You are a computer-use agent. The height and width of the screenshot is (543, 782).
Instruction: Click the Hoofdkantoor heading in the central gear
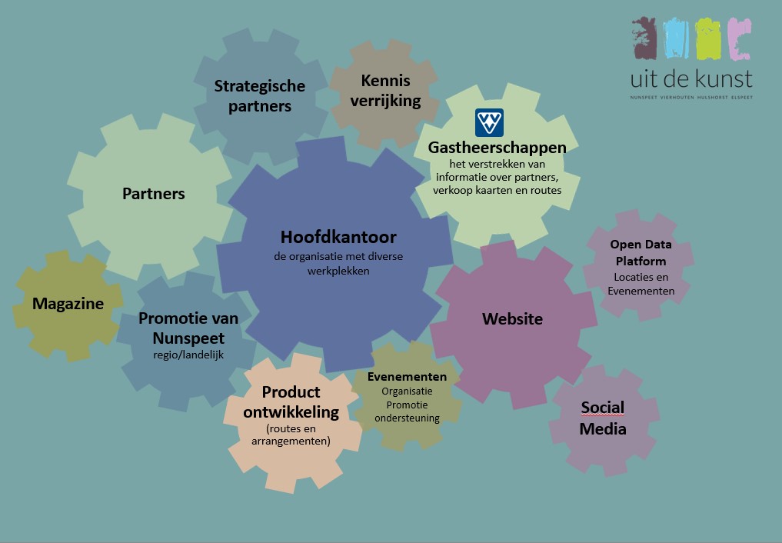click(338, 237)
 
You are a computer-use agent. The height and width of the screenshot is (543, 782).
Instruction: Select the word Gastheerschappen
click(497, 147)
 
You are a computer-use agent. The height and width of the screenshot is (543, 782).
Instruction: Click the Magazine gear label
click(68, 304)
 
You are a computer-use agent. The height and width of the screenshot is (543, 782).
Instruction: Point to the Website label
click(512, 318)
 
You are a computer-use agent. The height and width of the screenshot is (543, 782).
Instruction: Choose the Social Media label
click(603, 418)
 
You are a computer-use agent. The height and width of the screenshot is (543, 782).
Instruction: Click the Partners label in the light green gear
click(154, 193)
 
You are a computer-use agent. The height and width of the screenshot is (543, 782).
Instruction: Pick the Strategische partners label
click(260, 96)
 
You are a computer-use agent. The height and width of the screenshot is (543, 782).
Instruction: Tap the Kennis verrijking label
click(385, 90)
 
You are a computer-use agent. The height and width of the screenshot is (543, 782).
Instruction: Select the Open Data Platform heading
click(641, 253)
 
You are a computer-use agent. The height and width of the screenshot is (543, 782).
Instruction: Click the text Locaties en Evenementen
click(641, 284)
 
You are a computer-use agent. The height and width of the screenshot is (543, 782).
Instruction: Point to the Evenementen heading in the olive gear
click(407, 377)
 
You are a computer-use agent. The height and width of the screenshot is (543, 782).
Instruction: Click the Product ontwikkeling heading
click(291, 401)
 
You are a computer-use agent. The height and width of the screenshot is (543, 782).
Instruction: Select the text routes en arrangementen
click(291, 435)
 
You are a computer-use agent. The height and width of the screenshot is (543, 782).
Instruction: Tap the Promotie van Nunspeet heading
click(188, 328)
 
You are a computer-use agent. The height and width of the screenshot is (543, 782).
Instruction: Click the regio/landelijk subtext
click(188, 355)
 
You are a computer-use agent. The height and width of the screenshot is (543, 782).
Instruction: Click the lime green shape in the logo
click(708, 38)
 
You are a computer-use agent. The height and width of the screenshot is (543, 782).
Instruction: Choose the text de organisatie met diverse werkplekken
click(338, 263)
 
